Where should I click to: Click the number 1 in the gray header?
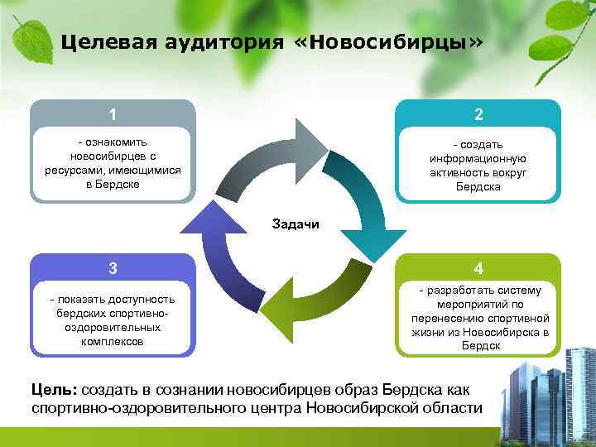tap(113, 114)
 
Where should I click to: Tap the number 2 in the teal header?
tap(478, 114)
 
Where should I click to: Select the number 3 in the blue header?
tap(113, 267)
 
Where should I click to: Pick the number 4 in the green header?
tap(478, 268)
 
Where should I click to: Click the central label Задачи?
tap(296, 223)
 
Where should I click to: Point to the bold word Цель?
tap(55, 389)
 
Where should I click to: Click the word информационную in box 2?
tap(478, 158)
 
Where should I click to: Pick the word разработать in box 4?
tap(459, 291)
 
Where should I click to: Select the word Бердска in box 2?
tap(478, 187)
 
